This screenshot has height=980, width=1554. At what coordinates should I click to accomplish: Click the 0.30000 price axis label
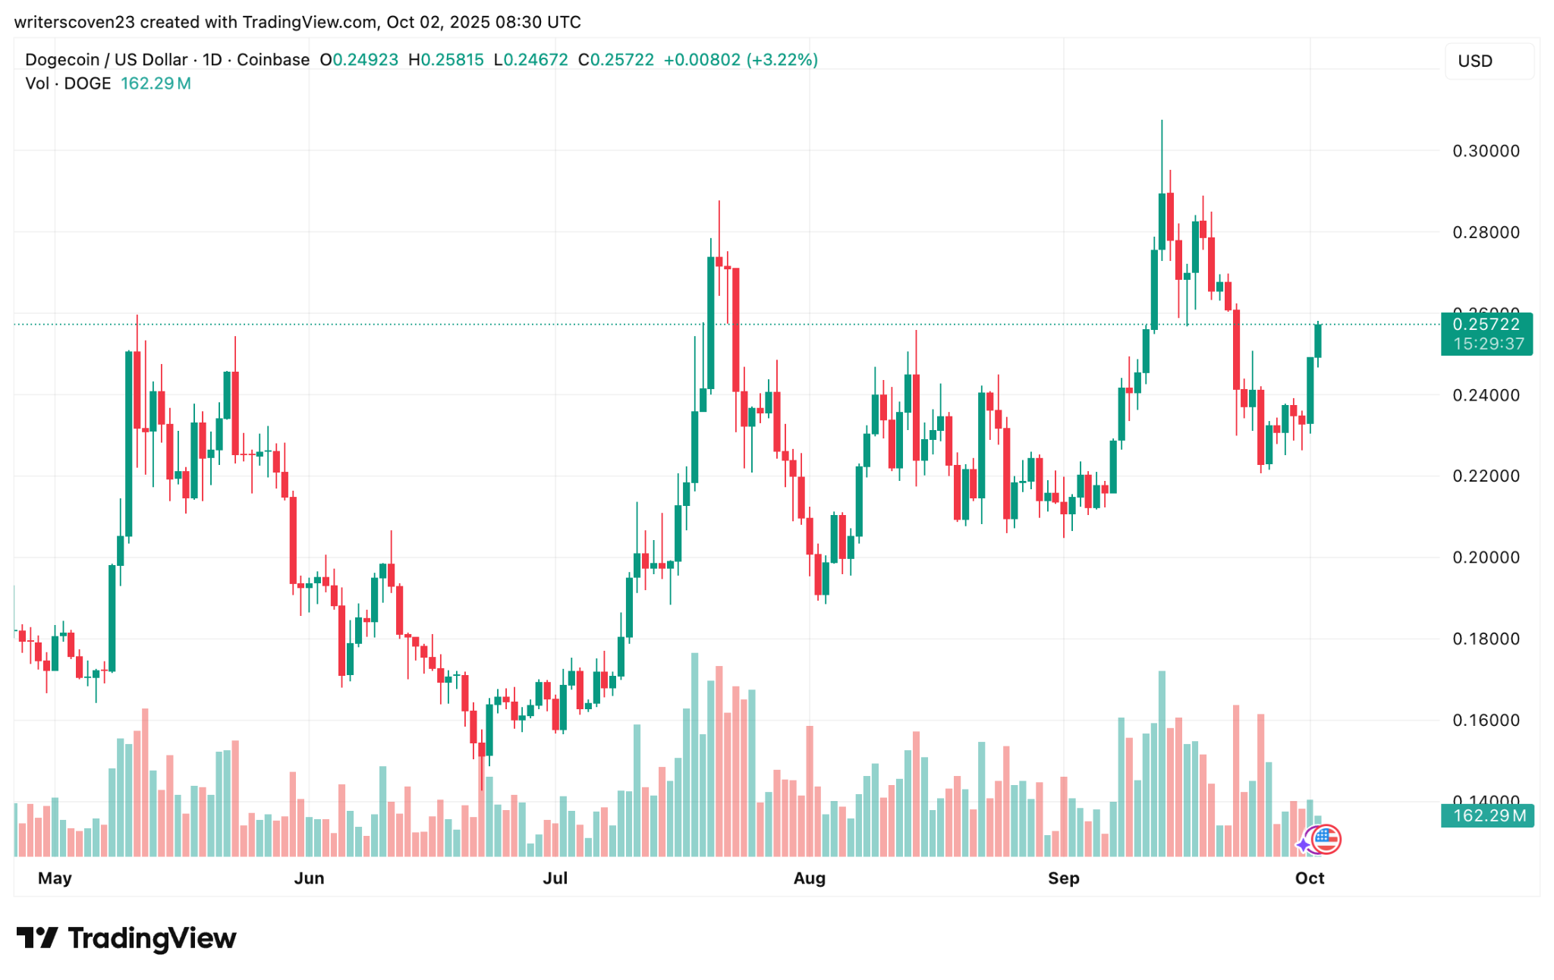point(1486,151)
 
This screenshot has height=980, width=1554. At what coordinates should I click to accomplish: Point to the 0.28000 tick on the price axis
point(1486,232)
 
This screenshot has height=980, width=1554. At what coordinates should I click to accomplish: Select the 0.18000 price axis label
point(1486,639)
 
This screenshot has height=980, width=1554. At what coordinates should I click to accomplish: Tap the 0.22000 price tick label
point(1486,476)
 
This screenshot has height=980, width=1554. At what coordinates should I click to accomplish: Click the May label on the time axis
point(55,878)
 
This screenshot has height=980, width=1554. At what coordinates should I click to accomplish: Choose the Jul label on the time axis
point(555,878)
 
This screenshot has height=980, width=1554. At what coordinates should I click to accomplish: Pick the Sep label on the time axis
point(1063,878)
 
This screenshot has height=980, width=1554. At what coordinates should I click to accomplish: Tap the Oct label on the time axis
point(1310,878)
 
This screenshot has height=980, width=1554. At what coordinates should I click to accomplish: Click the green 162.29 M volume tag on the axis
point(1487,816)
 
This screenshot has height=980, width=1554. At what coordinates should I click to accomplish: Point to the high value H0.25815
point(446,60)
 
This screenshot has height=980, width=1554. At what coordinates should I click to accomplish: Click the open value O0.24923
point(359,60)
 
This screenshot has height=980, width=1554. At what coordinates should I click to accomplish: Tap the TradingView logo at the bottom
point(127,938)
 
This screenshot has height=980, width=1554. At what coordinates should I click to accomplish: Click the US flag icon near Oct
point(1326,839)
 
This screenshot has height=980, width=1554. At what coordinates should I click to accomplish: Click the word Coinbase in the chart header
point(273,60)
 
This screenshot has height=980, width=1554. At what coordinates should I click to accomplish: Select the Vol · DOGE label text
point(68,83)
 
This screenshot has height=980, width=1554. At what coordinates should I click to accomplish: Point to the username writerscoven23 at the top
point(74,22)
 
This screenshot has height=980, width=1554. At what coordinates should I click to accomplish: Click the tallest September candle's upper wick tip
point(1162,121)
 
